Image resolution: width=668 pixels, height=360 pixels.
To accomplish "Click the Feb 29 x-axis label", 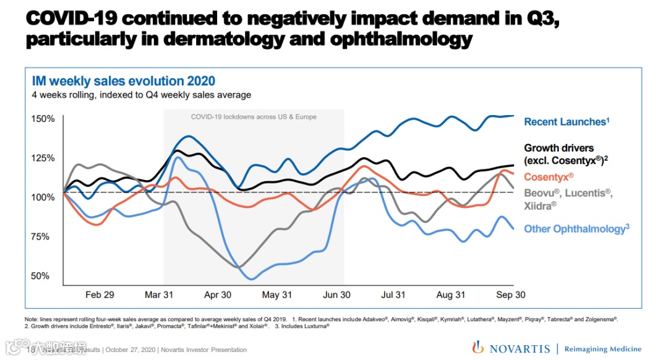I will [100, 294].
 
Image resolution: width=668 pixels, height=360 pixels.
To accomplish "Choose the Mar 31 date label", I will [159, 294].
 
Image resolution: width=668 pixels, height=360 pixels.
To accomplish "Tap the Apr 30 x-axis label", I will [218, 294].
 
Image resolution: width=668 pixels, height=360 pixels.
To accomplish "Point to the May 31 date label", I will [277, 294].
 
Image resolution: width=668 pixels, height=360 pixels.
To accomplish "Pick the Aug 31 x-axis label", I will [451, 294].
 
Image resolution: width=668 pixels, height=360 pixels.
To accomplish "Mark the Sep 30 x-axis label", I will [511, 294].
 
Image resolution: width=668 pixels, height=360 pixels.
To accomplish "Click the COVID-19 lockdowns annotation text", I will [254, 117].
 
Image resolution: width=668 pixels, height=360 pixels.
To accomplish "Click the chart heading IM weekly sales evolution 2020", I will [123, 81].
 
